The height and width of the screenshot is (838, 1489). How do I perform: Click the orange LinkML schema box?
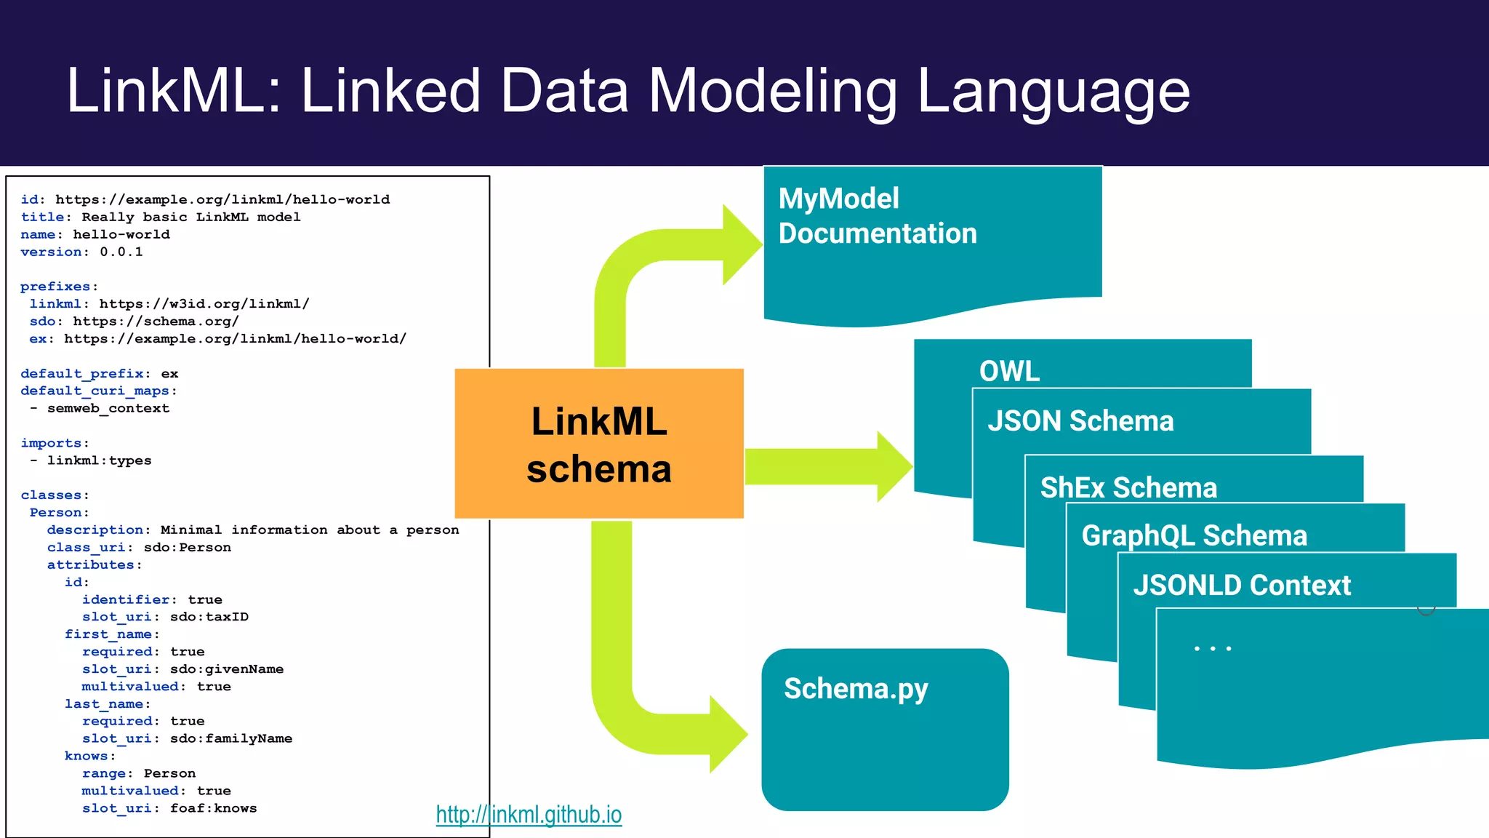pyautogui.click(x=598, y=444)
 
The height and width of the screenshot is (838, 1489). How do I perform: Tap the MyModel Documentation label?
pyautogui.click(x=877, y=216)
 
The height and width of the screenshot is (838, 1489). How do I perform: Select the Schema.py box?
pyautogui.click(x=884, y=729)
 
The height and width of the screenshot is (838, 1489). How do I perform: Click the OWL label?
pyautogui.click(x=1009, y=371)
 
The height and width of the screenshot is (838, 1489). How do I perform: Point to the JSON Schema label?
pyautogui.click(x=1080, y=421)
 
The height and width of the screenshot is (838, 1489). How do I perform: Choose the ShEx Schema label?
pyautogui.click(x=1128, y=487)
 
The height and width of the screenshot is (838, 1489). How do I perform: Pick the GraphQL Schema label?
pyautogui.click(x=1194, y=535)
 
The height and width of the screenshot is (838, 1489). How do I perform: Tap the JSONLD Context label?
pyautogui.click(x=1241, y=585)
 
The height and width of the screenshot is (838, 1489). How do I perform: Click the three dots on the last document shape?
pyautogui.click(x=1212, y=648)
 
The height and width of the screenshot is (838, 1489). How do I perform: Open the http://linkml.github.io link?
pyautogui.click(x=529, y=815)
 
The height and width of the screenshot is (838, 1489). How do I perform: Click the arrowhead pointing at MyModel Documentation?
pyautogui.click(x=742, y=245)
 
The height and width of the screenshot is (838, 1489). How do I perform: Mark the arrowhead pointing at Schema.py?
pyautogui.click(x=728, y=734)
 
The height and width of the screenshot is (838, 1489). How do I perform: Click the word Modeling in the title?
pyautogui.click(x=772, y=91)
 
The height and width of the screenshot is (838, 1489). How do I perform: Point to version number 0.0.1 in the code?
pyautogui.click(x=121, y=252)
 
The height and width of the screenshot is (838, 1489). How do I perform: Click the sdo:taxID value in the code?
pyautogui.click(x=209, y=617)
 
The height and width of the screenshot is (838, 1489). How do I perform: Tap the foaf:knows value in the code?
pyautogui.click(x=213, y=808)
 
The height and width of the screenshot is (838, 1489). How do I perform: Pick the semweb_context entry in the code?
pyautogui.click(x=108, y=408)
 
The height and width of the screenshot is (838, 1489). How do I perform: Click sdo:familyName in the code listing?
pyautogui.click(x=231, y=738)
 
